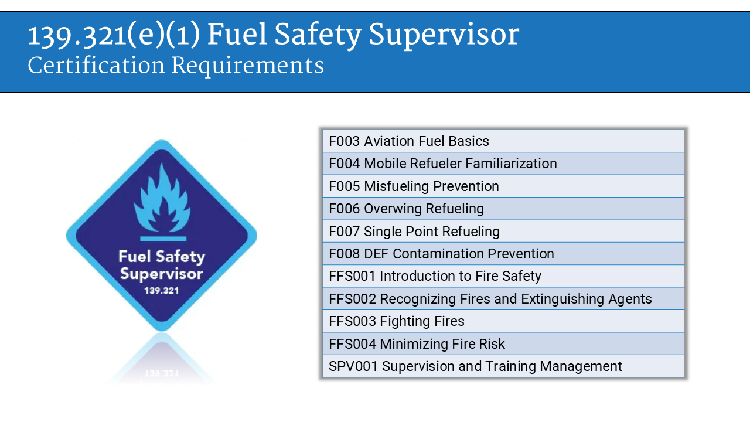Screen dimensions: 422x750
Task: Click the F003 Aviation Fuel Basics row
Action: pos(409,141)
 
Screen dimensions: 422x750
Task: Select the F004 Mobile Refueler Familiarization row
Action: pos(443,164)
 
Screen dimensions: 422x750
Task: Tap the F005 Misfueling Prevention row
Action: pos(414,186)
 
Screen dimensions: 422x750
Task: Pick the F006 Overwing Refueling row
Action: pos(406,209)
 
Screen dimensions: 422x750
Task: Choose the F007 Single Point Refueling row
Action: pos(414,232)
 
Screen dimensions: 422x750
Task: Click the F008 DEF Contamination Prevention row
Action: pos(441,254)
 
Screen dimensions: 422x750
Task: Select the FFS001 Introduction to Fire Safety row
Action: pos(435,276)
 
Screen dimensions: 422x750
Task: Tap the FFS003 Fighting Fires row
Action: pos(397,321)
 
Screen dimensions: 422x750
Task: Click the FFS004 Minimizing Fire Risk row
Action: pos(417,344)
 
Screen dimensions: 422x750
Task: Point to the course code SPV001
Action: pos(353,366)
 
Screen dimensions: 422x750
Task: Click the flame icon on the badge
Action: pos(162,199)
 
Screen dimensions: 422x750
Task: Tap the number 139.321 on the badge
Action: pos(162,290)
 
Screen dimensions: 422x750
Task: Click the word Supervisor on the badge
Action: pos(162,274)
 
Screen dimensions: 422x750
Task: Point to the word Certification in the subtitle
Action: pos(96,66)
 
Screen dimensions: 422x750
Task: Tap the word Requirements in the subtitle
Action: pos(247,66)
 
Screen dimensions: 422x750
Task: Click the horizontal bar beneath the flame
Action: pos(163,239)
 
